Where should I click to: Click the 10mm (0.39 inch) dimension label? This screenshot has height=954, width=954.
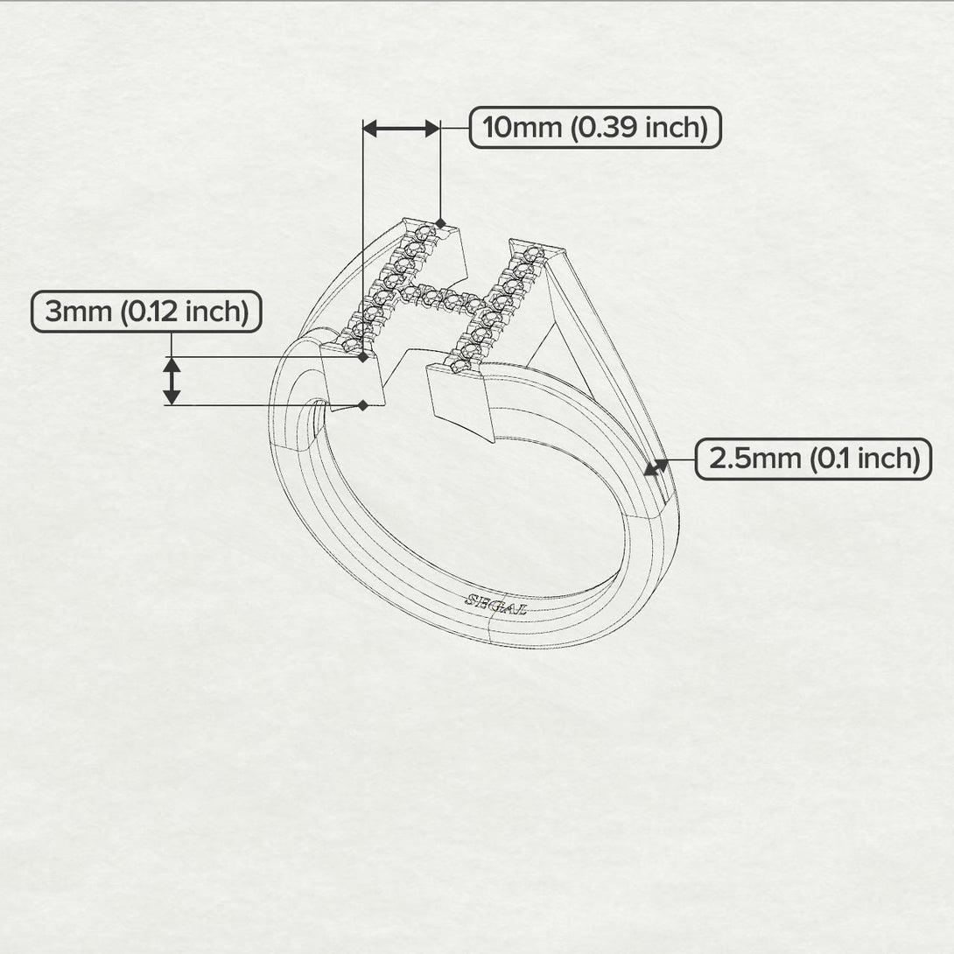pyautogui.click(x=595, y=128)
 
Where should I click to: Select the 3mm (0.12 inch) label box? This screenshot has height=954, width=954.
pyautogui.click(x=146, y=312)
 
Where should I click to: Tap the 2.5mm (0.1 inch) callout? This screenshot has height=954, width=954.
pyautogui.click(x=813, y=459)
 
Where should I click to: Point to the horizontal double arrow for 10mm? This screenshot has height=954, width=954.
pyautogui.click(x=401, y=129)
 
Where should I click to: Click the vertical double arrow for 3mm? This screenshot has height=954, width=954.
pyautogui.click(x=172, y=381)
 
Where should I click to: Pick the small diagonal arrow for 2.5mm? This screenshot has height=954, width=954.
pyautogui.click(x=656, y=467)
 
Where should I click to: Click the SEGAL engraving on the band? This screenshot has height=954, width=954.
pyautogui.click(x=495, y=604)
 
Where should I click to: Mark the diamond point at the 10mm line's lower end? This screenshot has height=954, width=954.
pyautogui.click(x=440, y=224)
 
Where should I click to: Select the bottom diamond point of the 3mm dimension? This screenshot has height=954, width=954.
pyautogui.click(x=362, y=404)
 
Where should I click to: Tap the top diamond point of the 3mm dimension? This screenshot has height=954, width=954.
pyautogui.click(x=362, y=357)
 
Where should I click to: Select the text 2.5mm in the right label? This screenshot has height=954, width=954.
pyautogui.click(x=743, y=459)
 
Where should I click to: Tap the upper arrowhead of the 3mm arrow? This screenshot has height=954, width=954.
pyautogui.click(x=172, y=365)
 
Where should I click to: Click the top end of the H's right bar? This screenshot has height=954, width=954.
pyautogui.click(x=528, y=248)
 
